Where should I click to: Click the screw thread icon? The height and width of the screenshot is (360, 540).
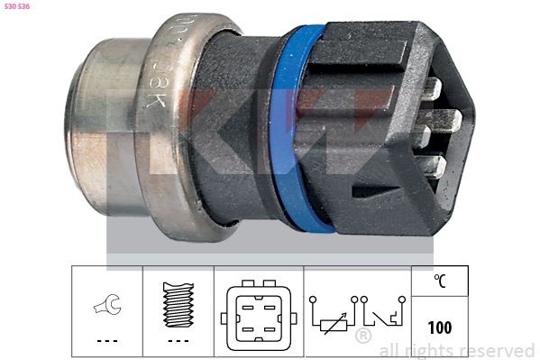coord(178,301)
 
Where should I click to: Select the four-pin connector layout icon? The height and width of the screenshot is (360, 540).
coord(258,317)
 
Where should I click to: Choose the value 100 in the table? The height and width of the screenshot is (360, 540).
coord(439,328)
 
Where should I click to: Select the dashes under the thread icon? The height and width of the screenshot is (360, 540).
coord(178,341)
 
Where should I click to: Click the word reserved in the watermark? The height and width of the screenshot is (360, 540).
coord(497,350)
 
